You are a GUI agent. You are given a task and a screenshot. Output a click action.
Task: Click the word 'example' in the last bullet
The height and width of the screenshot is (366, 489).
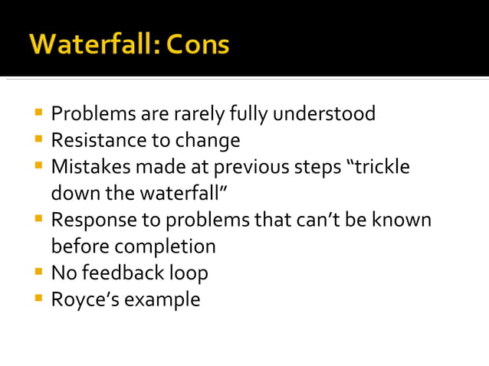tap(164, 299)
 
